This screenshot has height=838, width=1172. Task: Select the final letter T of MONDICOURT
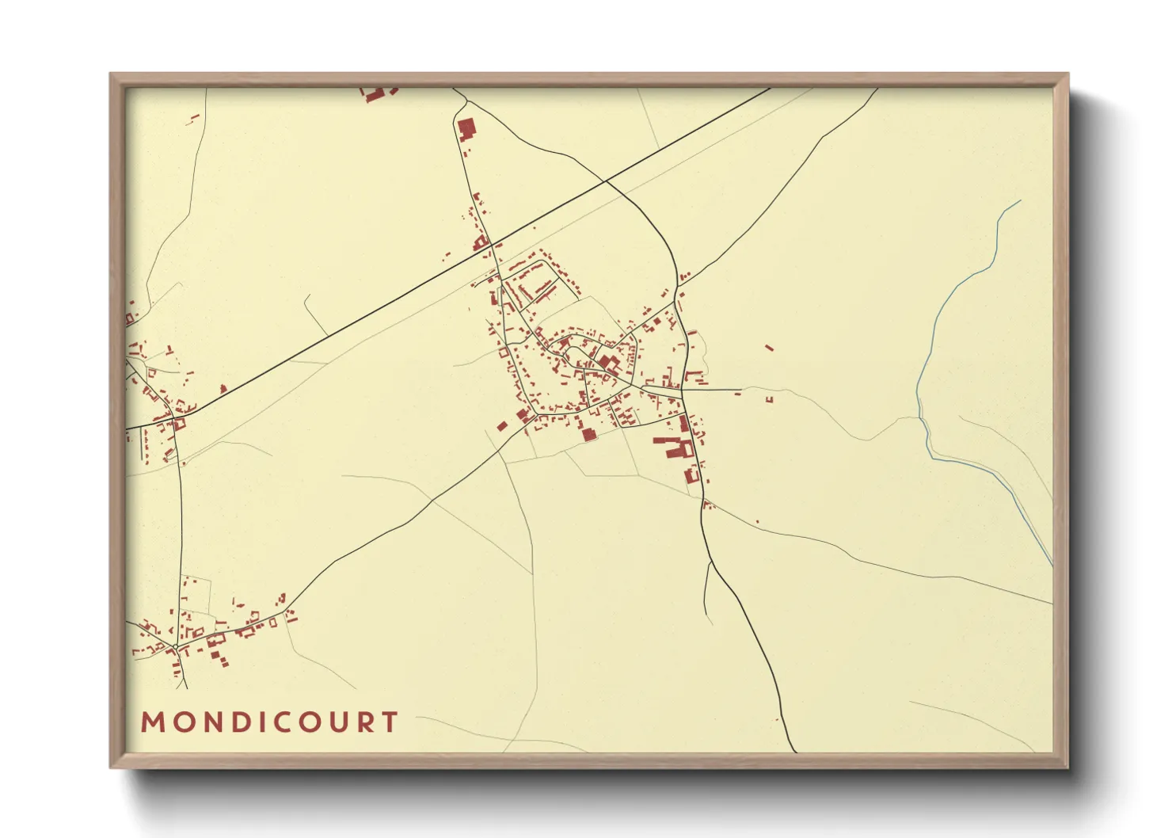(389, 722)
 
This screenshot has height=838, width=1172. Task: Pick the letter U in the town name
(337, 722)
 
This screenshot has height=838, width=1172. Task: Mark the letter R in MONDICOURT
(363, 722)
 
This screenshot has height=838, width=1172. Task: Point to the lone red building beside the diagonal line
(223, 388)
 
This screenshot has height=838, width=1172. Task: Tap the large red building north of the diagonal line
(466, 128)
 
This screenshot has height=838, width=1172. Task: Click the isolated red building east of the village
(768, 347)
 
